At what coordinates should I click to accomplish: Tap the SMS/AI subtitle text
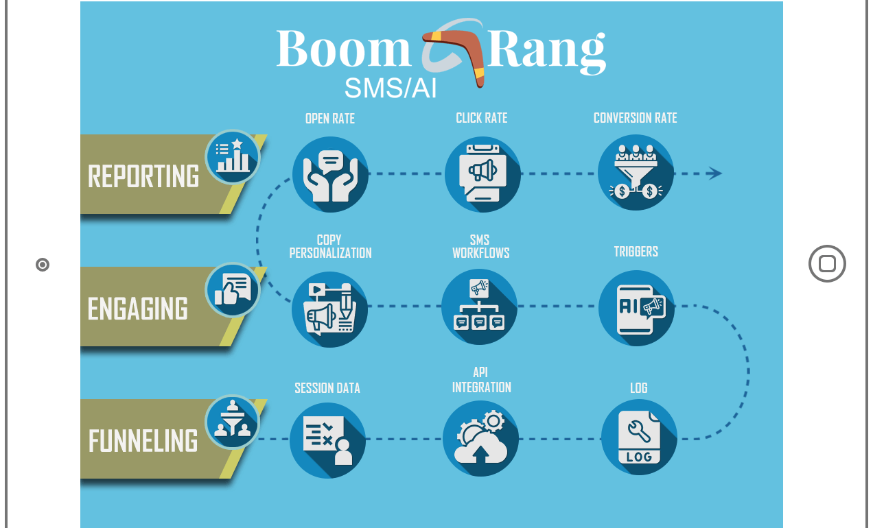[390, 88]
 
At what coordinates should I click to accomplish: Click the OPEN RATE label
[330, 119]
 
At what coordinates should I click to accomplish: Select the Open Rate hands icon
[330, 174]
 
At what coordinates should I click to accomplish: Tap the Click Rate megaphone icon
[482, 174]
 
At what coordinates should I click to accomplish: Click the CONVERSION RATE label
[635, 118]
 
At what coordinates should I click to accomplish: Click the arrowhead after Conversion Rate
[715, 173]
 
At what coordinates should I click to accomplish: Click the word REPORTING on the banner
[143, 176]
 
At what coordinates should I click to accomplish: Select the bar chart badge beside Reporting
[232, 157]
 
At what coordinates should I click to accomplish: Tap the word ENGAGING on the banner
[138, 309]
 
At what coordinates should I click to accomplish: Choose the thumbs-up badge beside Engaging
[232, 290]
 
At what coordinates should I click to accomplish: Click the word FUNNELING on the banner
[143, 441]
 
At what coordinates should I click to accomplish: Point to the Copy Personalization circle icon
[329, 309]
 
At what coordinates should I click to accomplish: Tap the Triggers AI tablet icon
[636, 308]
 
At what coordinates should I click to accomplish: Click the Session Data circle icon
[327, 440]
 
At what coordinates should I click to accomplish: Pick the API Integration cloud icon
[480, 439]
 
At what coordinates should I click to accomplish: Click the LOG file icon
[639, 437]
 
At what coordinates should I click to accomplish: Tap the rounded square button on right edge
[827, 264]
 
